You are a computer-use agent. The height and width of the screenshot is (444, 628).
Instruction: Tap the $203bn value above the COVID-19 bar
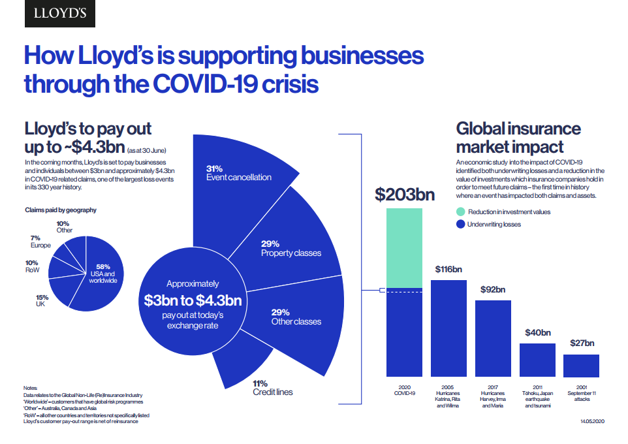click(x=405, y=194)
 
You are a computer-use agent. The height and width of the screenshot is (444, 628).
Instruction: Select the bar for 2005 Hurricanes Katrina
click(x=448, y=328)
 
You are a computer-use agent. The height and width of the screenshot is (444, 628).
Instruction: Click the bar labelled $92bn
click(x=493, y=337)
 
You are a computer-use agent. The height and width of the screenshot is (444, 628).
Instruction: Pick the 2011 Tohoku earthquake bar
click(x=537, y=360)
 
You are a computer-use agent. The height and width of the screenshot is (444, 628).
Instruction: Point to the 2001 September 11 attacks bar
click(x=581, y=366)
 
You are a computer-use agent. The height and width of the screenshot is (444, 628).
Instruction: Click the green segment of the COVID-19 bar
click(x=405, y=247)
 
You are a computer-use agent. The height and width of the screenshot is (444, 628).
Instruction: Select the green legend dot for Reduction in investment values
click(x=461, y=212)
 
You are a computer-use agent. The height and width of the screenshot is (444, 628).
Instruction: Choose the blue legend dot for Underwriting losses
click(x=461, y=225)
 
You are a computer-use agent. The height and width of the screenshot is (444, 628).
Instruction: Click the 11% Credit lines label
click(x=273, y=388)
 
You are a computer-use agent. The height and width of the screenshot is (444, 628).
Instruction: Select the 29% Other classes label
click(x=296, y=317)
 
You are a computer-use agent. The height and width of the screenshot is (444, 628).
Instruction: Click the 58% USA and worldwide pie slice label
click(x=102, y=273)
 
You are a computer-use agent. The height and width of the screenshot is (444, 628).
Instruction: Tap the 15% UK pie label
click(x=42, y=300)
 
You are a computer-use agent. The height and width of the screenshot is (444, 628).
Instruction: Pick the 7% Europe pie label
click(x=40, y=242)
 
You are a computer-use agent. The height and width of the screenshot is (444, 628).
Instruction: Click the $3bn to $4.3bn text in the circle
click(x=193, y=300)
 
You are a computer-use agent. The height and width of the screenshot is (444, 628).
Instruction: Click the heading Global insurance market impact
click(x=518, y=136)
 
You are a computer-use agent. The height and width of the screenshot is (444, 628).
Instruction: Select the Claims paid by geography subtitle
click(x=60, y=210)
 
